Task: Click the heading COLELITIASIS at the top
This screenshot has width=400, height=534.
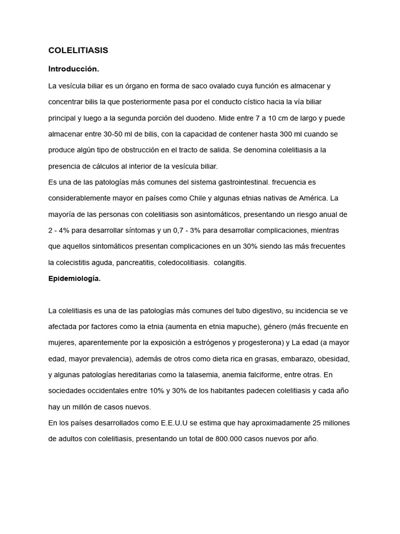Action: [78, 51]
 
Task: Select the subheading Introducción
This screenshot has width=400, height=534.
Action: [73, 69]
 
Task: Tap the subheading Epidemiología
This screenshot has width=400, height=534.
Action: [74, 278]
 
